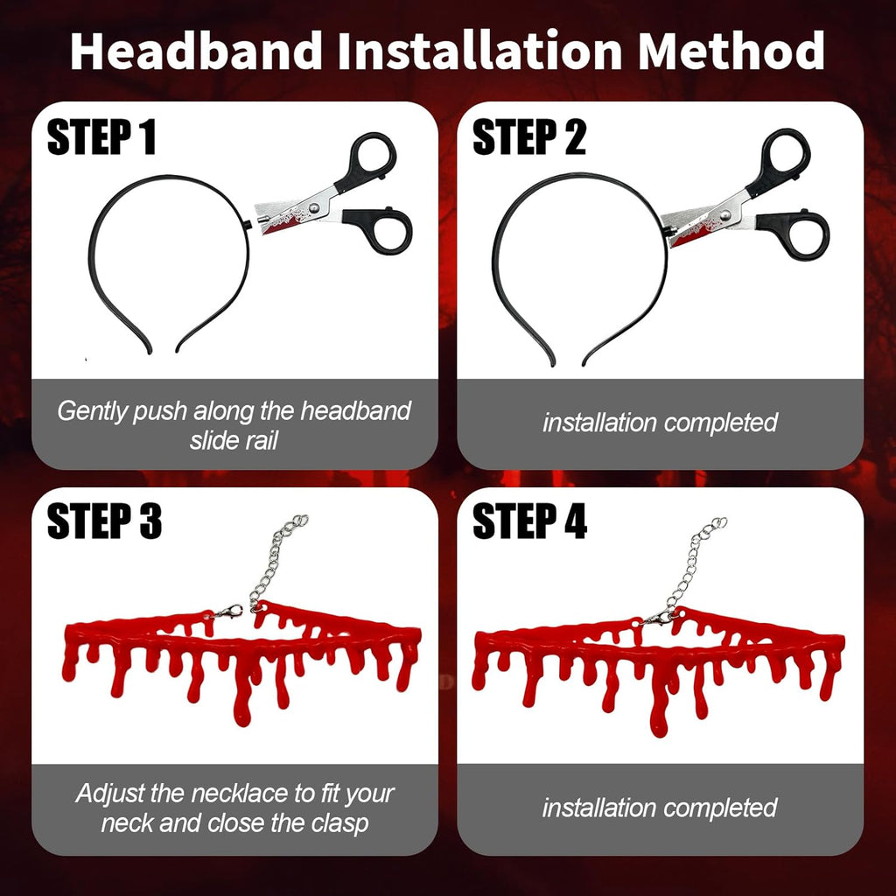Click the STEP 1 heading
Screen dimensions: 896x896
coord(101,138)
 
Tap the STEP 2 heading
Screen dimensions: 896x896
coord(528,138)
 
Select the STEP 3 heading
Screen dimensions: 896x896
coord(104,522)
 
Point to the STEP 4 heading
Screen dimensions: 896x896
coord(529,522)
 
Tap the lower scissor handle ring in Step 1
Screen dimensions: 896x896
coord(382,229)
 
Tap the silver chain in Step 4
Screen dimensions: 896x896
coord(697,560)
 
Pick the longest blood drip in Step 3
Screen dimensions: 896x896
coord(242,700)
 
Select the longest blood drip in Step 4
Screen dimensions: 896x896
coord(659,709)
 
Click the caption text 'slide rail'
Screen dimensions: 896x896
coord(234,440)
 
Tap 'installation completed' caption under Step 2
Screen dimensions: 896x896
coord(660,423)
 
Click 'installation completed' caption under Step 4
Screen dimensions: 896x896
coord(660,808)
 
